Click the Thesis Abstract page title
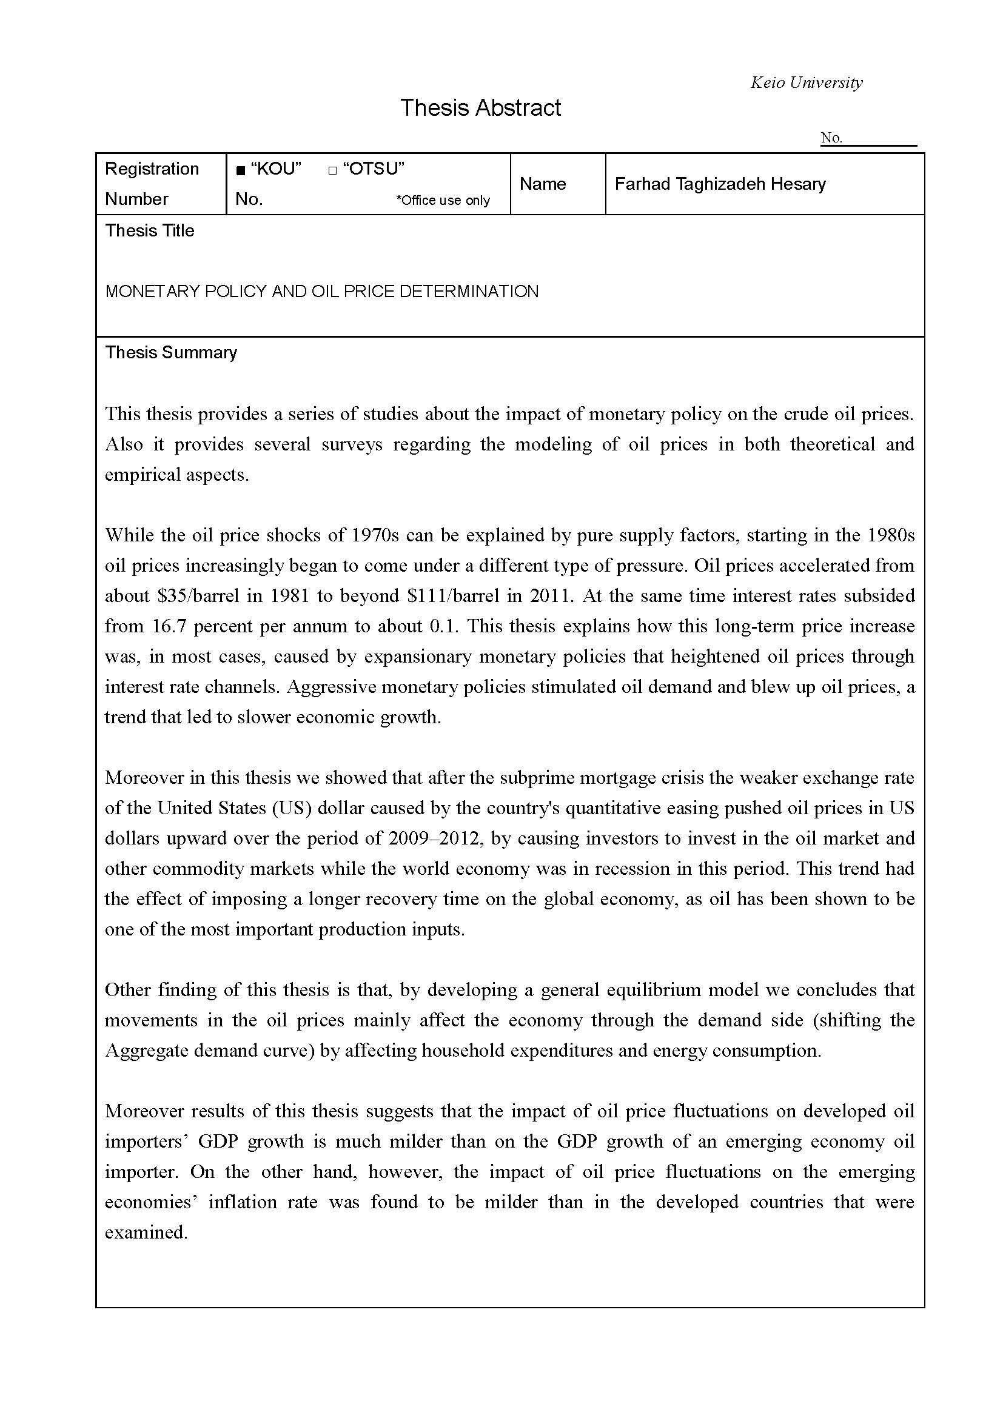[x=480, y=108]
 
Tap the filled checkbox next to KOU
[x=241, y=170]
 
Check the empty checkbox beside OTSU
[x=332, y=170]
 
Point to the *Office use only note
[x=443, y=200]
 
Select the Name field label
[x=542, y=184]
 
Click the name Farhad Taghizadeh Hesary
[x=720, y=184]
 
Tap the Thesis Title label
[x=149, y=230]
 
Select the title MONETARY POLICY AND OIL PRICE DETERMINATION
[x=322, y=291]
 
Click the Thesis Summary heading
[x=170, y=352]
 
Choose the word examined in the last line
[x=146, y=1232]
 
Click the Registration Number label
[x=152, y=184]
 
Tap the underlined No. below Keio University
[x=831, y=138]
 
